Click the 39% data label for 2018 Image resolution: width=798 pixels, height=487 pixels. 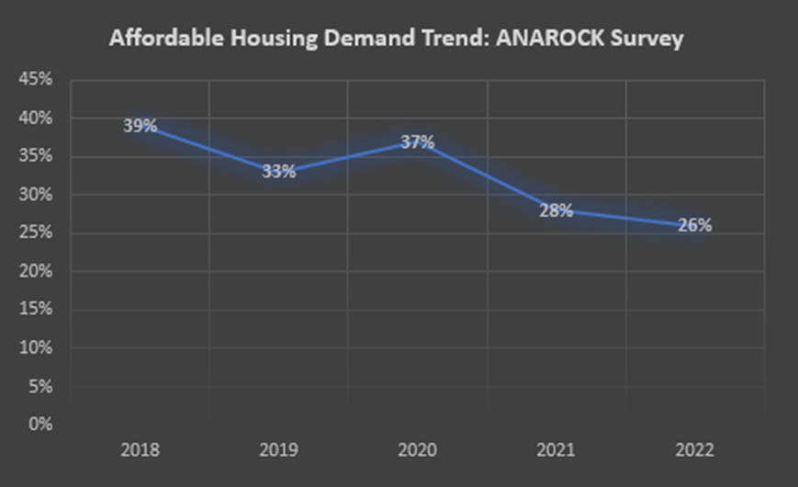point(140,126)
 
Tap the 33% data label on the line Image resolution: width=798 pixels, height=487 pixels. point(278,171)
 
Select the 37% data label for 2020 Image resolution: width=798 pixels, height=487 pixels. point(417,142)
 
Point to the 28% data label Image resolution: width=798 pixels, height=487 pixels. point(556,210)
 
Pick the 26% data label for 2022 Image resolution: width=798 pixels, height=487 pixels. point(694,225)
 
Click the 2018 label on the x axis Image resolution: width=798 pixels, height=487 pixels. point(140,451)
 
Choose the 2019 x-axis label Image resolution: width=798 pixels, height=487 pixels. point(278,451)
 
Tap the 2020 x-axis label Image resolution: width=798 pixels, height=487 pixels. point(417,451)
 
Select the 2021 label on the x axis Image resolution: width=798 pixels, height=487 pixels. point(556,451)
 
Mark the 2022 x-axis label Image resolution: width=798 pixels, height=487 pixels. point(694,451)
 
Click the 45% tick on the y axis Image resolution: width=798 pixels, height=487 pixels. point(34,80)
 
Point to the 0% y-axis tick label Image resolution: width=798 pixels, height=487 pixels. point(39,425)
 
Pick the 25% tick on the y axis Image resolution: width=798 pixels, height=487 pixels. point(34,233)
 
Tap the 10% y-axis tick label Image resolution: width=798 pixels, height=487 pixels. point(34,348)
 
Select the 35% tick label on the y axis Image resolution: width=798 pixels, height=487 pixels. point(34,156)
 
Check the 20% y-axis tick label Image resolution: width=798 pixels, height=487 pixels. point(34,272)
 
